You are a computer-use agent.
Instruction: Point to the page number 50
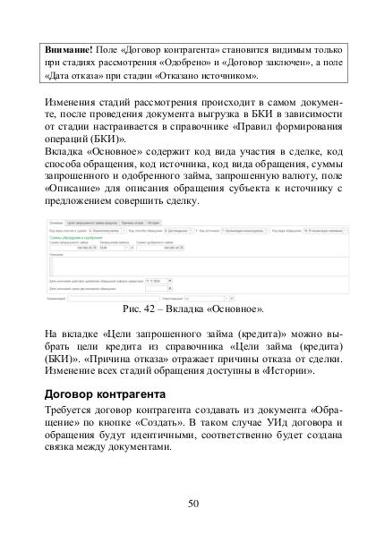click(192, 503)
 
